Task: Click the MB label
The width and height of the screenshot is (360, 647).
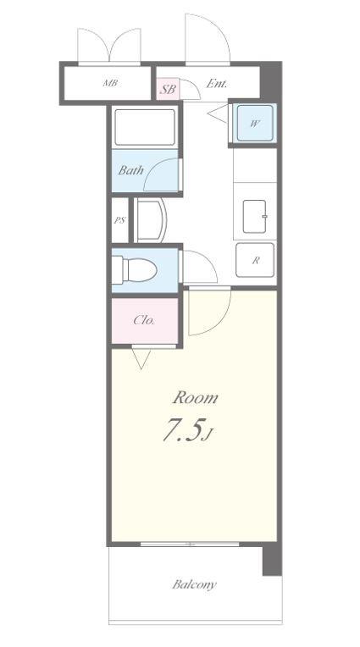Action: pos(110,83)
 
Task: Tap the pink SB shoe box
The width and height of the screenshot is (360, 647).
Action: pos(168,88)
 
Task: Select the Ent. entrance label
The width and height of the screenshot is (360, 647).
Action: pos(216,84)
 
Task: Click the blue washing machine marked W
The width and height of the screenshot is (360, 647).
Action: pos(255,123)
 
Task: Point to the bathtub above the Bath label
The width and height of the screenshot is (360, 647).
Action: pos(145,127)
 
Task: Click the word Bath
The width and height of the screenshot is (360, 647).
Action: pos(131,170)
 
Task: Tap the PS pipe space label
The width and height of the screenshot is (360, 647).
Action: pos(119,220)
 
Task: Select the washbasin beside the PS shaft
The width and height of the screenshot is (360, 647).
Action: pos(150,220)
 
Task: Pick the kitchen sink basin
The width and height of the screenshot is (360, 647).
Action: pos(254,217)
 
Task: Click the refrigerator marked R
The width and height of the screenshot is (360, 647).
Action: pos(255,260)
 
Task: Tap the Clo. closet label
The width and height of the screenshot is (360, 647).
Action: pos(144,320)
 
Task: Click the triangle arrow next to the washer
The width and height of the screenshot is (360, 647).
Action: pos(218,113)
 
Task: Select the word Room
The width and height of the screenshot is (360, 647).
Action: pos(196,398)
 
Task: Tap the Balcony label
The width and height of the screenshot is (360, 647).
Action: pos(194,584)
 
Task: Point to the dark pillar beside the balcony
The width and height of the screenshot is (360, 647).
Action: pos(272,559)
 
